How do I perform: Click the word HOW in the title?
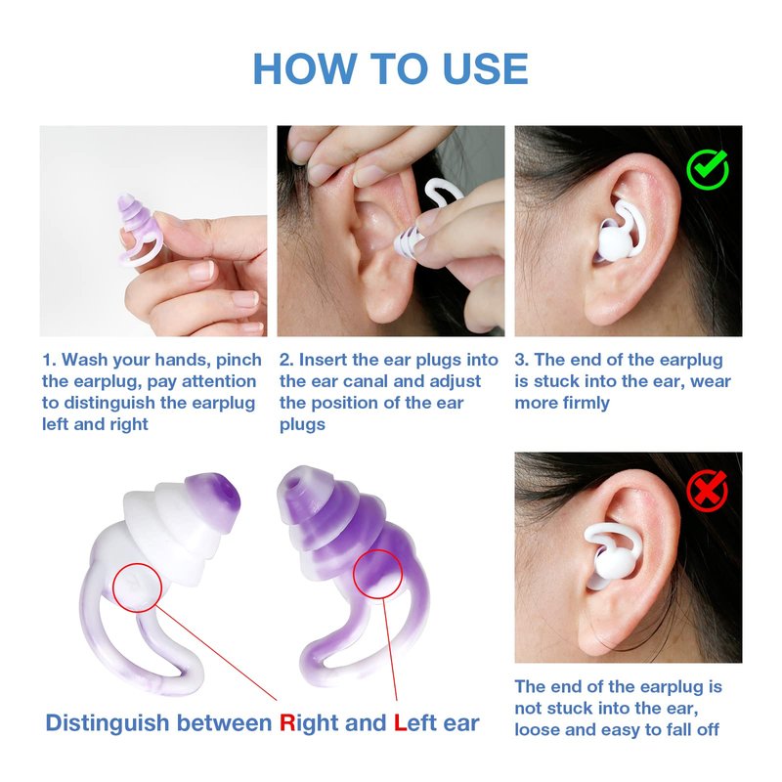click(x=304, y=68)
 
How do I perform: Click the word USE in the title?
click(x=485, y=68)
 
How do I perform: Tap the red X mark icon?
click(x=707, y=491)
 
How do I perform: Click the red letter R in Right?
click(x=287, y=722)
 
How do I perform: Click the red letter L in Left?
click(x=400, y=722)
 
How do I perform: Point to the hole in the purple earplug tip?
click(x=297, y=482)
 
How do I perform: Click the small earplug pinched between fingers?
click(x=139, y=230)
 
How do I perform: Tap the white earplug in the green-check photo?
click(x=619, y=231)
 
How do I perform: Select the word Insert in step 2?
click(x=323, y=360)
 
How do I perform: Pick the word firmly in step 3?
click(x=586, y=403)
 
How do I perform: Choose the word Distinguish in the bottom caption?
click(x=108, y=723)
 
